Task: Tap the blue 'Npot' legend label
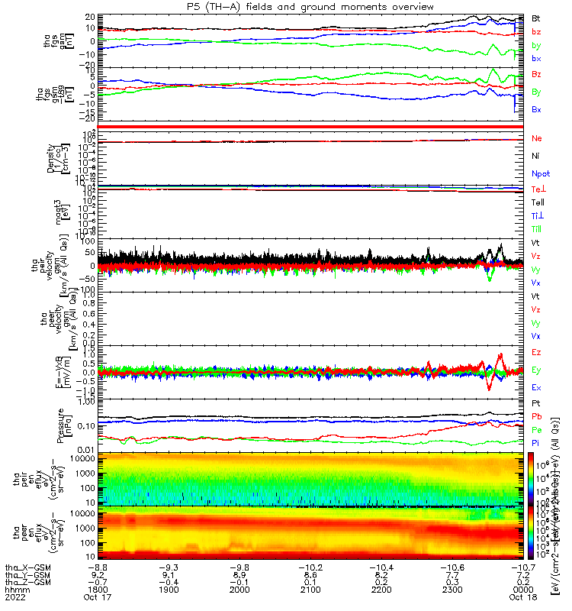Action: [541, 174]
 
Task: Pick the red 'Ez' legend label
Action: [536, 353]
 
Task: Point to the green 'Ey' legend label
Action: [536, 370]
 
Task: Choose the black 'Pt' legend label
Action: [536, 402]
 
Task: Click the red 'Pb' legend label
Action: [536, 415]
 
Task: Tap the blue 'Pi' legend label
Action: [535, 442]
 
